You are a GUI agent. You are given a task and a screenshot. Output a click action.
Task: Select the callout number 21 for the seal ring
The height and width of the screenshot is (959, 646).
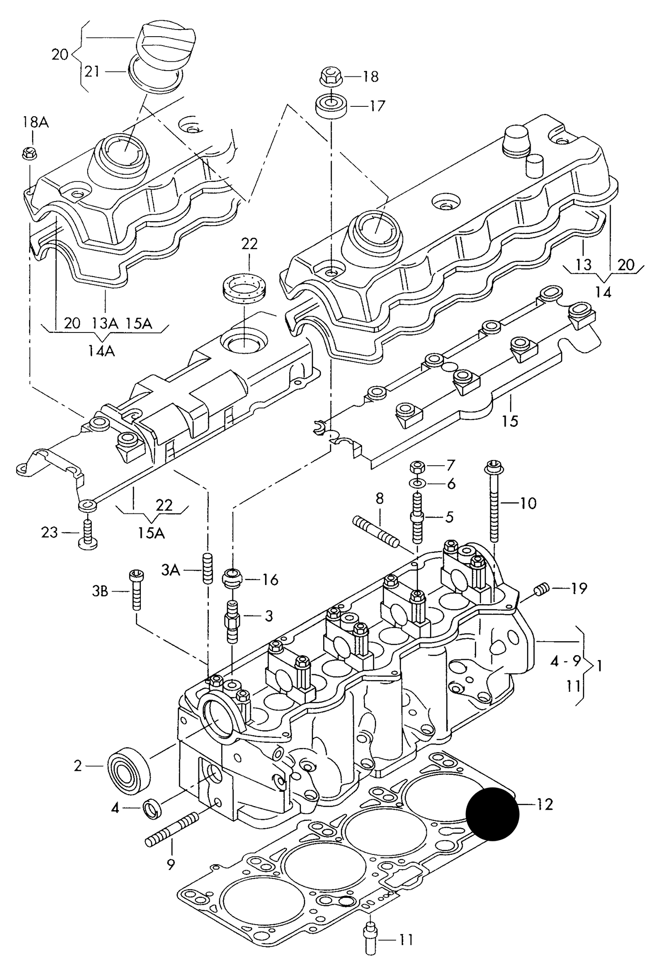(x=92, y=72)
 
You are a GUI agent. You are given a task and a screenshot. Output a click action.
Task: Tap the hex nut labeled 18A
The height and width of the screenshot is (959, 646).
(x=30, y=154)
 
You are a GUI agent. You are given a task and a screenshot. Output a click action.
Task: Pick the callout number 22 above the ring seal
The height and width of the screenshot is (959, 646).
(x=249, y=244)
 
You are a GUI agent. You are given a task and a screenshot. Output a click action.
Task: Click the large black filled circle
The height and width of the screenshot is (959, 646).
(x=492, y=813)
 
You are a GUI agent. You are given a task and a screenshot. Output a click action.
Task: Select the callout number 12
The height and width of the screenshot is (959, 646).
(x=545, y=804)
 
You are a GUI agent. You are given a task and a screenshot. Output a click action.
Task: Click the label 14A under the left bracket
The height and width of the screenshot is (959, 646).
(x=101, y=351)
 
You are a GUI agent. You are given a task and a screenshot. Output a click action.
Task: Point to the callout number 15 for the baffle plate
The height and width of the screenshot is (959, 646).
(x=510, y=421)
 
